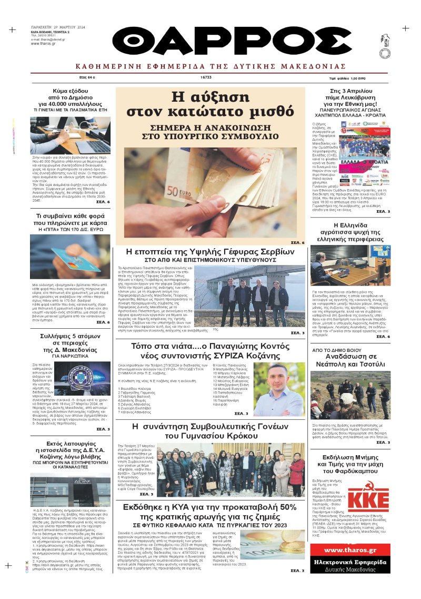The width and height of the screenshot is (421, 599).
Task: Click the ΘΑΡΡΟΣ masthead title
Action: (232, 41)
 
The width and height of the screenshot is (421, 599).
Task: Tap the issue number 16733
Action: (206, 77)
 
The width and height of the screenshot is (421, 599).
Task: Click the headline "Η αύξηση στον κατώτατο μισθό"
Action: (210, 104)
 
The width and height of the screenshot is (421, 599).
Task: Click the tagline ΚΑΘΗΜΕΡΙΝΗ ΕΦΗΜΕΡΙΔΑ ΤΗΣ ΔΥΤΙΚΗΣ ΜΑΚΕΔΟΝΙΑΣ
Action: (210, 66)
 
